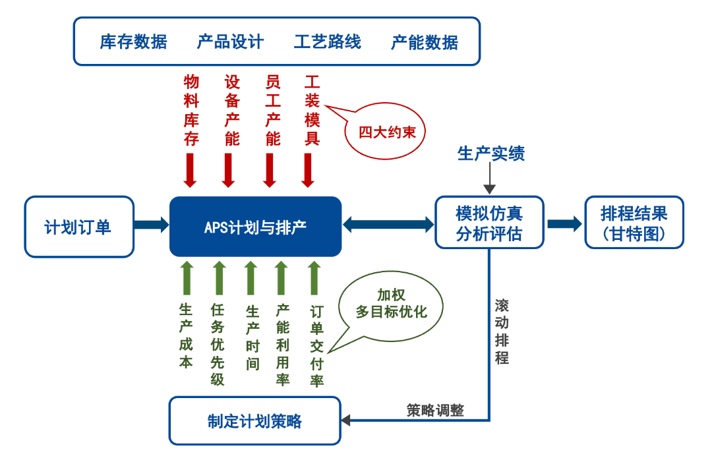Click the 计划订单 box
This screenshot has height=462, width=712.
click(78, 227)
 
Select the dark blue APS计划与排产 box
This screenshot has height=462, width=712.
click(255, 227)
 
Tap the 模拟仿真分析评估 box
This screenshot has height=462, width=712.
click(489, 223)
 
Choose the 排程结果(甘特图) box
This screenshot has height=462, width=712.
click(634, 223)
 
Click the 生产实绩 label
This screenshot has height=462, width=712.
click(491, 154)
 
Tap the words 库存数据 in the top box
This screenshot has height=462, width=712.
click(134, 42)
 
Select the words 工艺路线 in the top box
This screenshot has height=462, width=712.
click(328, 42)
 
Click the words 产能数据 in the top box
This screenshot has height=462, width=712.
click(425, 42)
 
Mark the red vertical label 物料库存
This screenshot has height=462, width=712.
click(191, 110)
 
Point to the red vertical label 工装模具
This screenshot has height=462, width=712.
click(312, 110)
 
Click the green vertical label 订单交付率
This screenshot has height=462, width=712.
click(317, 345)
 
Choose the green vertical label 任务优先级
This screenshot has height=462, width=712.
click(218, 345)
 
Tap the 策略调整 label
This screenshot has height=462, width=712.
click(435, 410)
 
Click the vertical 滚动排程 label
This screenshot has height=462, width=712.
click(502, 332)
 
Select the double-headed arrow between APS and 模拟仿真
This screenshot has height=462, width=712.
click(388, 225)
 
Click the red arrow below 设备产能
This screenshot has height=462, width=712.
click(229, 170)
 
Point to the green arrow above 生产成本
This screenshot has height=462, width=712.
click(187, 277)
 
